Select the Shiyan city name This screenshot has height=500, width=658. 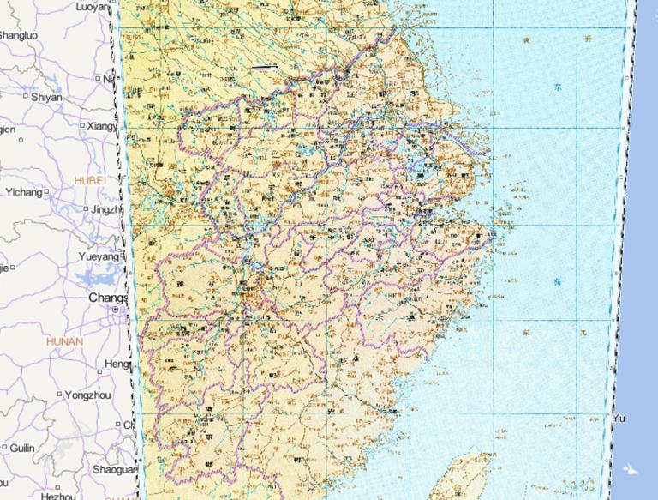tap(46, 97)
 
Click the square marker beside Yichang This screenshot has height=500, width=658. tap(46, 192)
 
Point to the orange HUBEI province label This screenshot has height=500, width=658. tap(90, 181)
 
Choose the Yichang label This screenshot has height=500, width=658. tap(23, 192)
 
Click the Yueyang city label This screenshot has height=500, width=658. tap(99, 256)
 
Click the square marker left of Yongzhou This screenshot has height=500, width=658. tap(59, 395)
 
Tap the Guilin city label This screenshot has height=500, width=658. tap(22, 448)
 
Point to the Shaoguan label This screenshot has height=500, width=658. tap(113, 469)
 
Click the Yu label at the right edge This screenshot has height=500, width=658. tap(619, 418)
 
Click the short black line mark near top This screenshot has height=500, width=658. tap(265, 66)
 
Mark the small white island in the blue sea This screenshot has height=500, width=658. tap(631, 468)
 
